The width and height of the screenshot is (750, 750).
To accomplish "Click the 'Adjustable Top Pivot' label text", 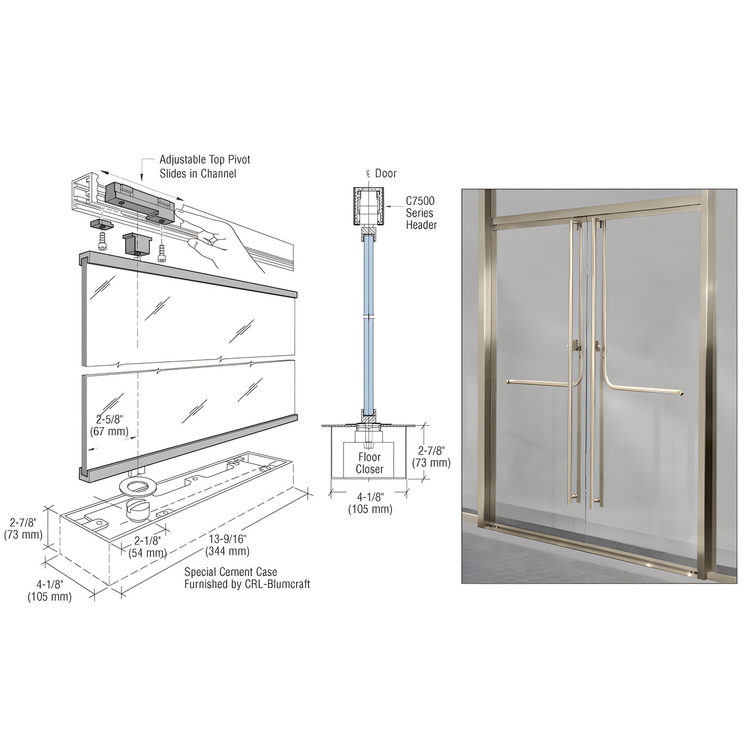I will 204,160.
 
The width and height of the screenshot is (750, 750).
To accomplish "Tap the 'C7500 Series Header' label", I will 421,213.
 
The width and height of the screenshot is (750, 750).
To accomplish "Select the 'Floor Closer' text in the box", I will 370,463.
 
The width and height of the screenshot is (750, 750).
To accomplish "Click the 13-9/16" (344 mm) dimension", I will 227,545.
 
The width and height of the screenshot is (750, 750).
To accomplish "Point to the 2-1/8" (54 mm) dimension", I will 147,547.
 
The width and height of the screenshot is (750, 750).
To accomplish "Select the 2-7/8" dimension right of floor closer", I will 431,457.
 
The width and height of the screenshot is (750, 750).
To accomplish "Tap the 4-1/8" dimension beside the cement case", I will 49,591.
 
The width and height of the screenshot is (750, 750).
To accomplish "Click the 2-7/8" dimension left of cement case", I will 23,528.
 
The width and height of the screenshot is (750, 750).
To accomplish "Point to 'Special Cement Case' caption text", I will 247,578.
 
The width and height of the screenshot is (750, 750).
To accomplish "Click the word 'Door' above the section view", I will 386,173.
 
